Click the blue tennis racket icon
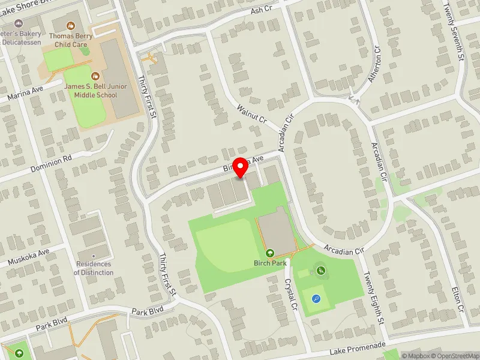[316, 298]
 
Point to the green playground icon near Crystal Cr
[321, 272]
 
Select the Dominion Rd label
[51, 164]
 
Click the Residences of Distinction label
[94, 268]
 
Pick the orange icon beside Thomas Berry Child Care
[71, 26]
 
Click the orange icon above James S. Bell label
[95, 76]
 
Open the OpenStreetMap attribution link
[454, 356]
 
